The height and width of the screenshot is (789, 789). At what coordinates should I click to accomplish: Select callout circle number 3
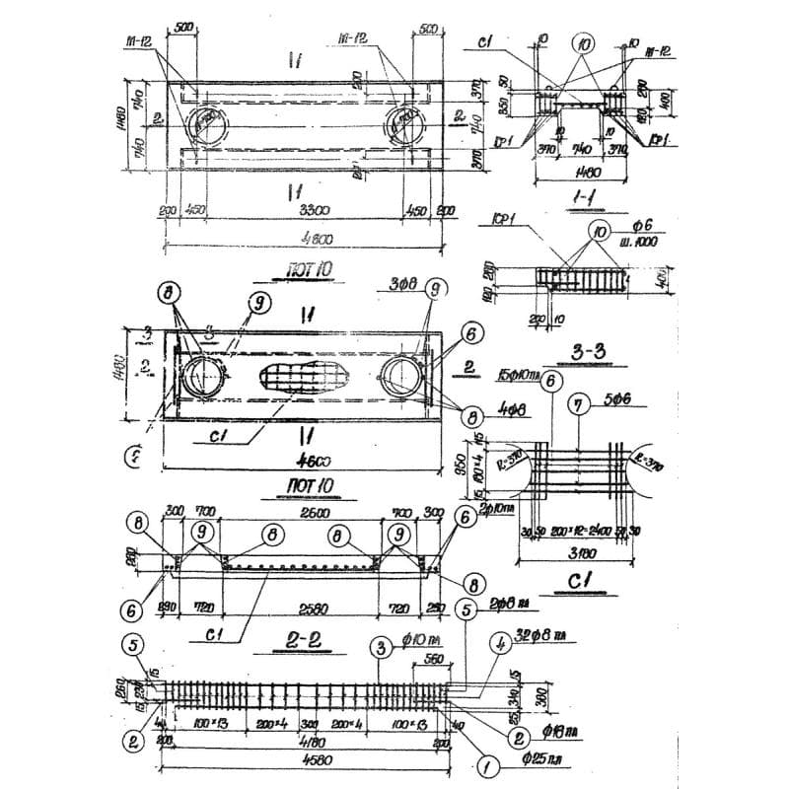pyautogui.click(x=379, y=648)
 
